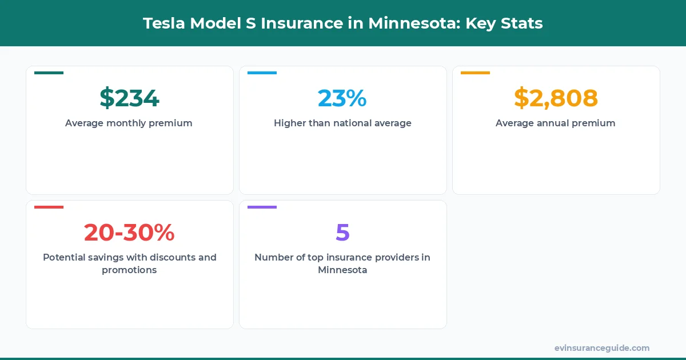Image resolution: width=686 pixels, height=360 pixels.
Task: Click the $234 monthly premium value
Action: pos(129,98)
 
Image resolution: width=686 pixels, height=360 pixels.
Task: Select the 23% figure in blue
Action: pos(342,98)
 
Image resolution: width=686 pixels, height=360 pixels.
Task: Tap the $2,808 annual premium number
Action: pos(556,98)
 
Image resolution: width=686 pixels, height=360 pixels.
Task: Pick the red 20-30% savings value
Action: pos(129,233)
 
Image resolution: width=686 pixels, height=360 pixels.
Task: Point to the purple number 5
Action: pos(342,233)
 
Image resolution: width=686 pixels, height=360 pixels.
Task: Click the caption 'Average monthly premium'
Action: pos(129,123)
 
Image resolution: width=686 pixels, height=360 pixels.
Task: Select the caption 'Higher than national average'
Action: pos(342,123)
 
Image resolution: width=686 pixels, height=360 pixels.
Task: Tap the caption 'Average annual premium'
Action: pos(556,123)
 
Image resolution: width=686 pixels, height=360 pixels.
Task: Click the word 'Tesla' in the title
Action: pos(162,23)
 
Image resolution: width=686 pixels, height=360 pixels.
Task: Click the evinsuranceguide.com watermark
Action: pos(602,348)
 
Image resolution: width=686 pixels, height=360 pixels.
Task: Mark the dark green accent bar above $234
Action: pos(49,73)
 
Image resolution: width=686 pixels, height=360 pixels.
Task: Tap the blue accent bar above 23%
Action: pos(262,73)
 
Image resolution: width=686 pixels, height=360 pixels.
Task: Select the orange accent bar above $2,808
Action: pos(475,73)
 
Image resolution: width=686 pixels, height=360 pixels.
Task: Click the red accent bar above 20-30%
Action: pos(49,207)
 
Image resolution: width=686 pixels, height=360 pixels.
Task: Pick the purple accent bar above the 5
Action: pos(262,207)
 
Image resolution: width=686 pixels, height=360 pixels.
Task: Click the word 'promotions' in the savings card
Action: pos(129,270)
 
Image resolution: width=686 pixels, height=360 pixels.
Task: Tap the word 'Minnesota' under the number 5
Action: pos(342,270)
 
